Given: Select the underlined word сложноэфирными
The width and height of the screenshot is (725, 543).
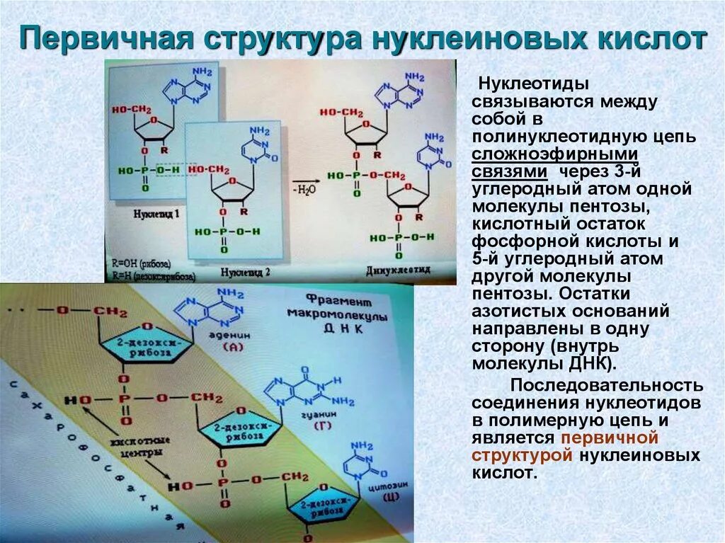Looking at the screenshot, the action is pos(556,154).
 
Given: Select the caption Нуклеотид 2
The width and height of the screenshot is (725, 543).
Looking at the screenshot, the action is pos(245,271).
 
